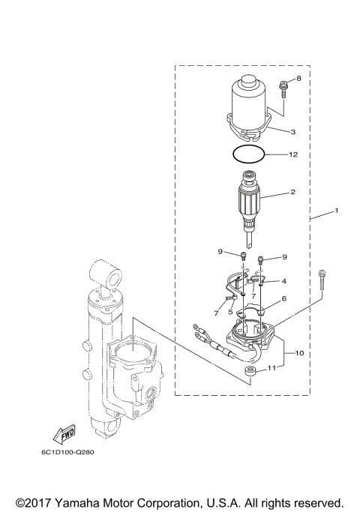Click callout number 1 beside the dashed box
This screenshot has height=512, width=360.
point(336,211)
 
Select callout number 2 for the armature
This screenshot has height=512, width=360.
point(292,192)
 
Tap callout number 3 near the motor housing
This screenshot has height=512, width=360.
point(292,131)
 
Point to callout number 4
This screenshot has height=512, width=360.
point(283,281)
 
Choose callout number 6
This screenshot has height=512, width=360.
point(283,298)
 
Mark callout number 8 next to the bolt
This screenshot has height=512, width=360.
point(298,78)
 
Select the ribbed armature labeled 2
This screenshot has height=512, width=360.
point(249,205)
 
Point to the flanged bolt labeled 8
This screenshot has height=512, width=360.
point(283,89)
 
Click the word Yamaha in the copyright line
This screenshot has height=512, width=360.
point(86,502)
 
